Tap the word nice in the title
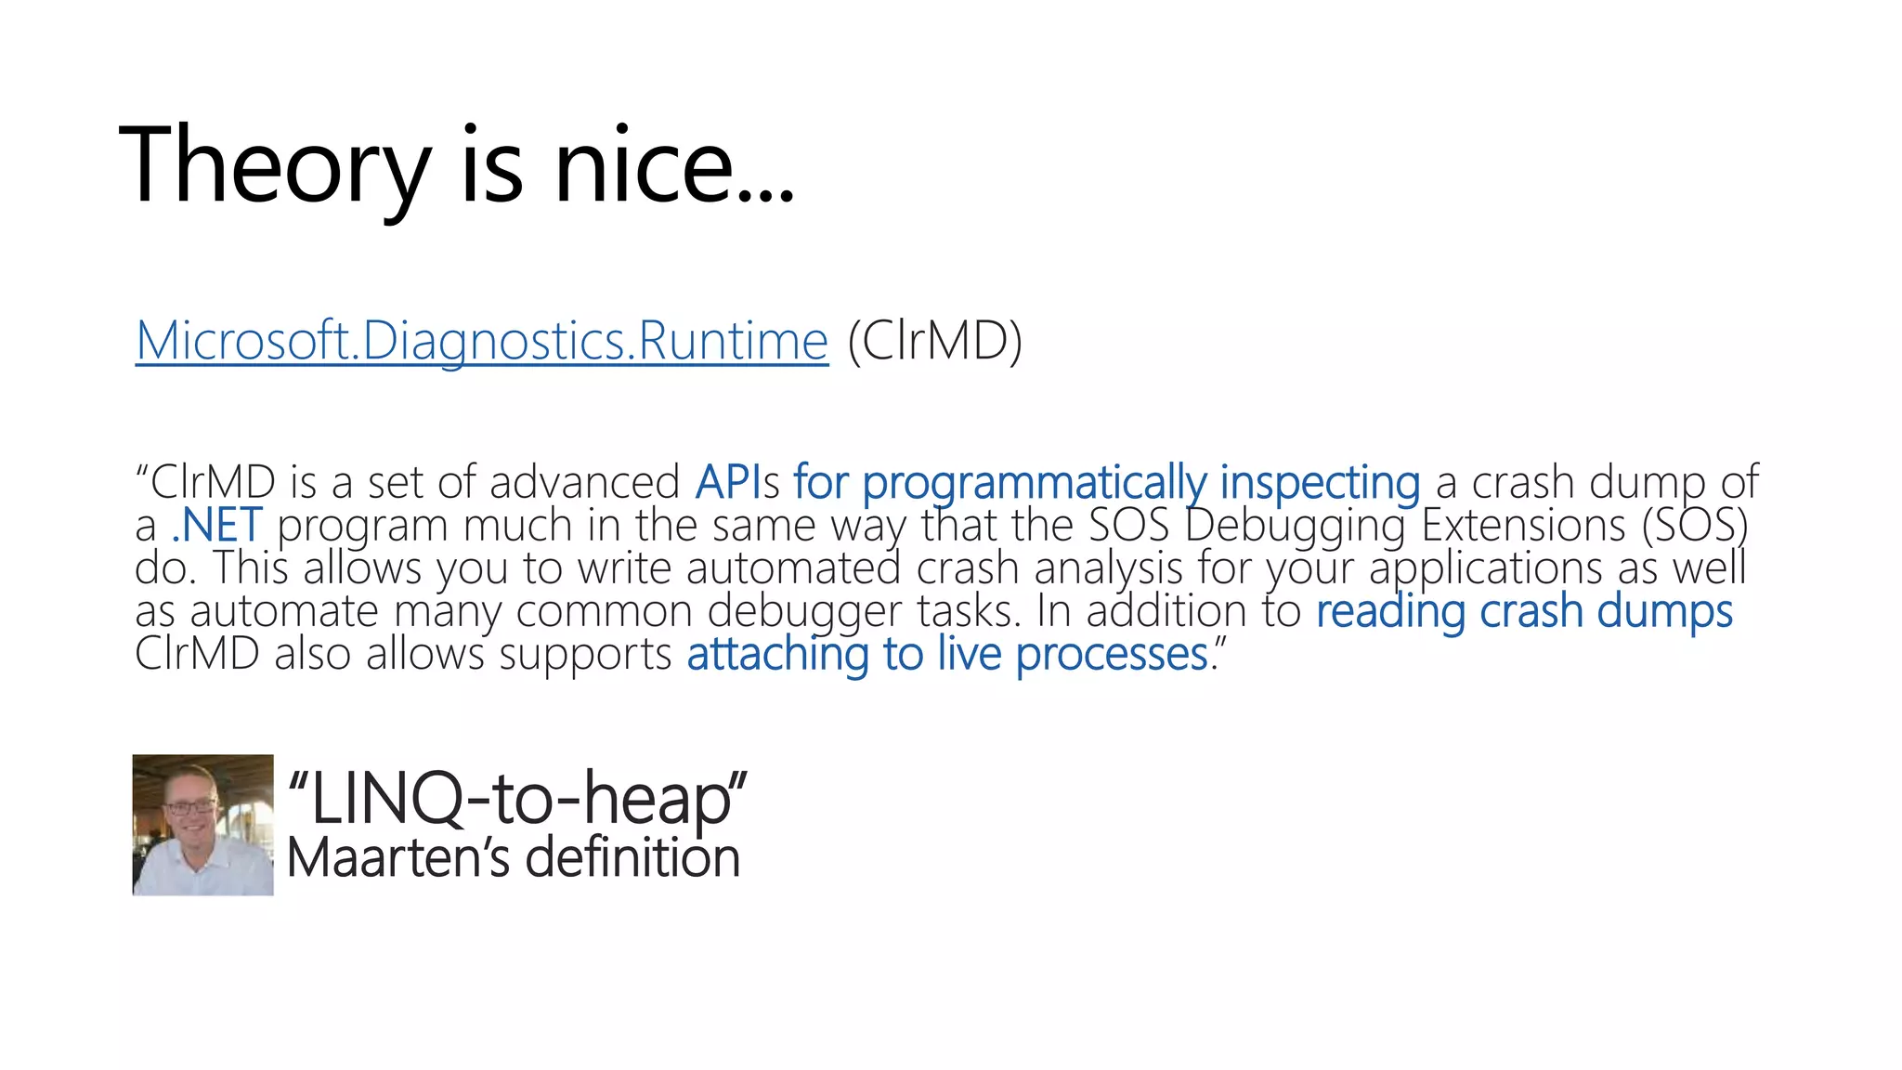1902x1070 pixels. pos(644,167)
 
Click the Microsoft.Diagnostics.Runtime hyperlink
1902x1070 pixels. pos(481,341)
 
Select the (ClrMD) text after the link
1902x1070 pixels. pos(934,341)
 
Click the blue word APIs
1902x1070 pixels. pos(736,482)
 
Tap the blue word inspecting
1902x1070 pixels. pos(1319,483)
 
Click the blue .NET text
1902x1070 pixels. pos(216,526)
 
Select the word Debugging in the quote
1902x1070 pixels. pos(1295,526)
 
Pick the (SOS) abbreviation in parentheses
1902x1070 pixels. pos(1695,526)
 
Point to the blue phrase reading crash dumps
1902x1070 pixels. pos(1523,612)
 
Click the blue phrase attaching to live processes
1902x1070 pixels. pos(947,655)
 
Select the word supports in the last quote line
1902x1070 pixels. pos(585,655)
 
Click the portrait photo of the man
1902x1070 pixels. pos(202,825)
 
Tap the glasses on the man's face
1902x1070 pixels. pos(189,806)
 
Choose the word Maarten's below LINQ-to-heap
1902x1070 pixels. pos(397,857)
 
